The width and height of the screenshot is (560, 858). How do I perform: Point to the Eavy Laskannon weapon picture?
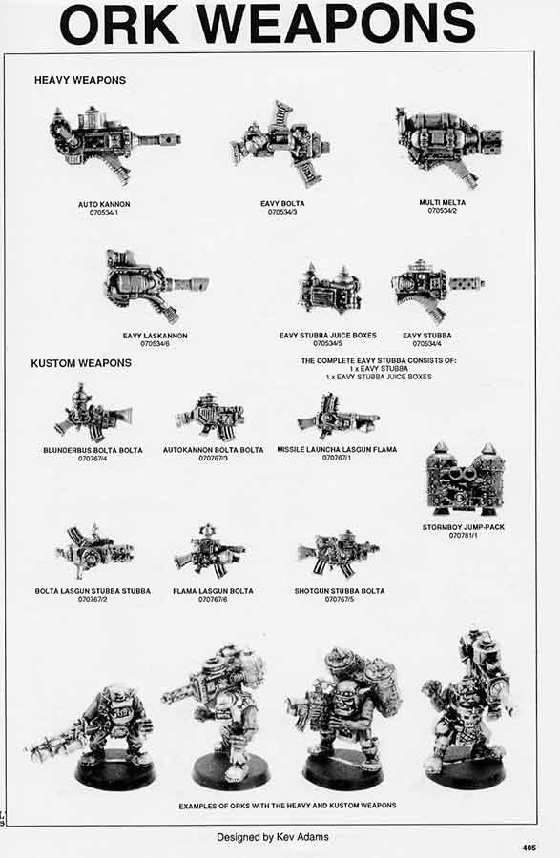tap(153, 284)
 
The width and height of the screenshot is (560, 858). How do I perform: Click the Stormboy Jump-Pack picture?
tap(465, 480)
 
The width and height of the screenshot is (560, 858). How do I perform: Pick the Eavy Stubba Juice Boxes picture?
tap(329, 290)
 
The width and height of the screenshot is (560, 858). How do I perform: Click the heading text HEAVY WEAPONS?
tap(80, 80)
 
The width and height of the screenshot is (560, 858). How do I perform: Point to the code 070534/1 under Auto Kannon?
tap(104, 212)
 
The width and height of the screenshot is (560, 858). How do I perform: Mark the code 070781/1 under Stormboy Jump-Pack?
tap(465, 536)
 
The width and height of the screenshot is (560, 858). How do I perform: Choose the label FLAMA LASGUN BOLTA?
tap(214, 591)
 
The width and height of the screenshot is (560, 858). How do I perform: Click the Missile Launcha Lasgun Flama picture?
tap(337, 417)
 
